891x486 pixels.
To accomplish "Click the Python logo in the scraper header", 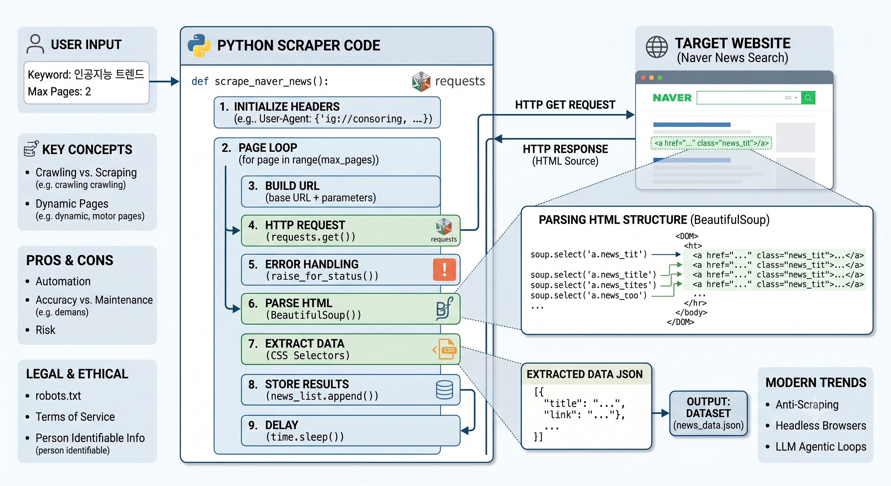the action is [x=199, y=45].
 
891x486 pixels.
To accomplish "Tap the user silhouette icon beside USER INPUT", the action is [x=35, y=44].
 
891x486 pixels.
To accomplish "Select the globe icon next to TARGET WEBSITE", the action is [x=657, y=47].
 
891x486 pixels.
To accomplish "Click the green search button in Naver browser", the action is [x=808, y=97].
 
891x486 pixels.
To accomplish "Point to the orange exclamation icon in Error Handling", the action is [x=444, y=270].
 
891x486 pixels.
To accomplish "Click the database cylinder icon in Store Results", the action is [x=445, y=389].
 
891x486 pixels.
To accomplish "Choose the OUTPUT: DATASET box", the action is [x=708, y=413].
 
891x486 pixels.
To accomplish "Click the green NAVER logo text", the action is [x=672, y=98].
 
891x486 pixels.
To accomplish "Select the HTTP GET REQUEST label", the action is [x=565, y=105].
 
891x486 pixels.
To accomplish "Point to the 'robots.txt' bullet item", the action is [x=58, y=396].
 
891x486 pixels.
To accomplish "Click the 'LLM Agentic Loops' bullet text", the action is [x=821, y=446].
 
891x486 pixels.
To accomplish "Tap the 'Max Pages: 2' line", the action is [x=59, y=91].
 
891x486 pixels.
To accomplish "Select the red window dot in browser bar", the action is [x=643, y=78].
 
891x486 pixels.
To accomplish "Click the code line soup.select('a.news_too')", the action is [x=589, y=296].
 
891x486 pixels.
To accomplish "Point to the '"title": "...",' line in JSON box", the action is [x=584, y=403].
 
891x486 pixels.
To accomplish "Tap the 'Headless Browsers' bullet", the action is [x=821, y=426].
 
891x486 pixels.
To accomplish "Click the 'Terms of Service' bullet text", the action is [x=75, y=417].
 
